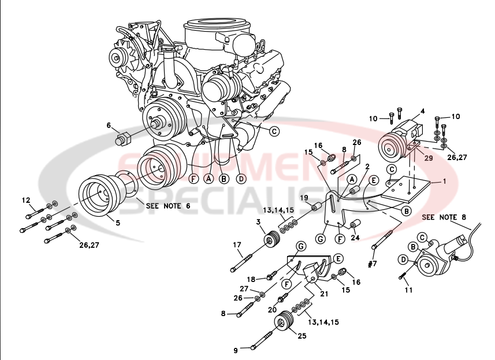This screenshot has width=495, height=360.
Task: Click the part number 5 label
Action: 118,222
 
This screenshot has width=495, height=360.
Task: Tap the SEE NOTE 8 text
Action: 444,217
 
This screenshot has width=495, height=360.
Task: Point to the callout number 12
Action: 25,201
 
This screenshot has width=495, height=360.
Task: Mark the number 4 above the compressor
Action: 422,110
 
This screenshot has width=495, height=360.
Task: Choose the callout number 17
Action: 237,245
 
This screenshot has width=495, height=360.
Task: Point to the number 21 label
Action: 325,294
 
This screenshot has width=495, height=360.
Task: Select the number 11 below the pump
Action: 408,290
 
